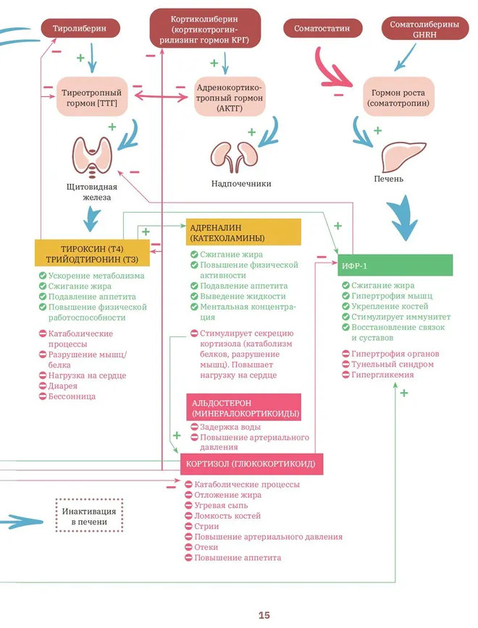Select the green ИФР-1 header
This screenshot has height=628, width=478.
[x=395, y=266]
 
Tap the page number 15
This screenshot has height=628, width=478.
[x=264, y=615]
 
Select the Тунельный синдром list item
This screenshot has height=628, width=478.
[x=392, y=365]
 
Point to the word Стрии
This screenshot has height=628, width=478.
[x=206, y=527]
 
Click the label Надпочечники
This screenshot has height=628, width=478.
[x=241, y=184]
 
